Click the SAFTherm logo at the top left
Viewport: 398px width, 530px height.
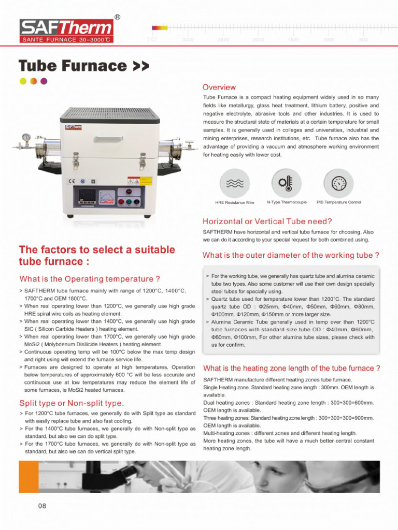point(66,30)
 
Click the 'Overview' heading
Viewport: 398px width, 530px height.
point(219,87)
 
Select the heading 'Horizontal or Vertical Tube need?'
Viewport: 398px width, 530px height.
point(267,222)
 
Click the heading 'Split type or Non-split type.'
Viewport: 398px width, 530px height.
point(72,403)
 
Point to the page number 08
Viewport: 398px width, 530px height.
point(42,506)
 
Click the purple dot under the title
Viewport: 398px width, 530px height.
point(44,81)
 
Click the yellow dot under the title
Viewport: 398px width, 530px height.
point(23,81)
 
